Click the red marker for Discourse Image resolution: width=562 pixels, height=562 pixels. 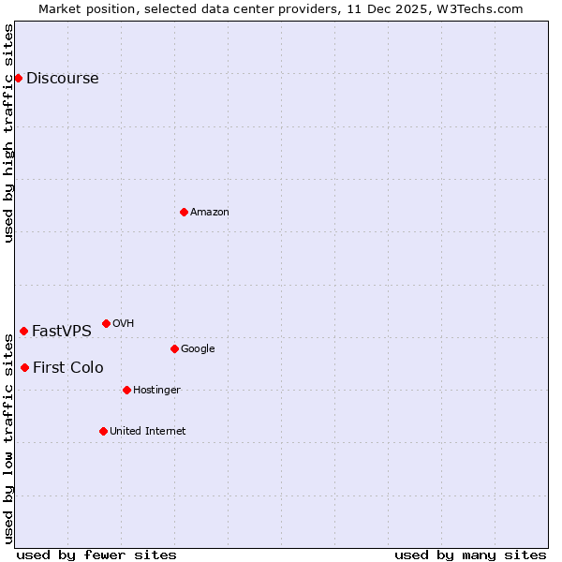[18, 78]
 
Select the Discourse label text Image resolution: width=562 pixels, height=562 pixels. [62, 79]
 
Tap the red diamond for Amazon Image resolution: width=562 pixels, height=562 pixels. [184, 212]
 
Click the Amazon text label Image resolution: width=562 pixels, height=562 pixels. [210, 213]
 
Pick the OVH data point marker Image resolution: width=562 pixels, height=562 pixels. [106, 323]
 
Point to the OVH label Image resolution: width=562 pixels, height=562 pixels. [123, 324]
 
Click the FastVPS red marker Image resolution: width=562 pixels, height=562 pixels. [23, 331]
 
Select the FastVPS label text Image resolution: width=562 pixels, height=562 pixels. [61, 332]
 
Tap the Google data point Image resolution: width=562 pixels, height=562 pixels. [174, 348]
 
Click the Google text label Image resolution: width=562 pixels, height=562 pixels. [198, 349]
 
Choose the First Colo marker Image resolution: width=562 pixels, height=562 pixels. [24, 367]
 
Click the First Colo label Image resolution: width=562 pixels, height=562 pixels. [67, 368]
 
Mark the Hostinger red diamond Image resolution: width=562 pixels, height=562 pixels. [126, 390]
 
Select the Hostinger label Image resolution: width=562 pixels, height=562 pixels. [156, 391]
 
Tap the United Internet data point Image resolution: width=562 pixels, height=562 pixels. [103, 431]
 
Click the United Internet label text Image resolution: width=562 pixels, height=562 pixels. [147, 432]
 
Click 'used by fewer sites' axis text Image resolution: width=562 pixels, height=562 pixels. [96, 555]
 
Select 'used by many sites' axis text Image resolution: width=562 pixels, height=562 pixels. [470, 555]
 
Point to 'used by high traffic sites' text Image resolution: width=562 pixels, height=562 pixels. [8, 133]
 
